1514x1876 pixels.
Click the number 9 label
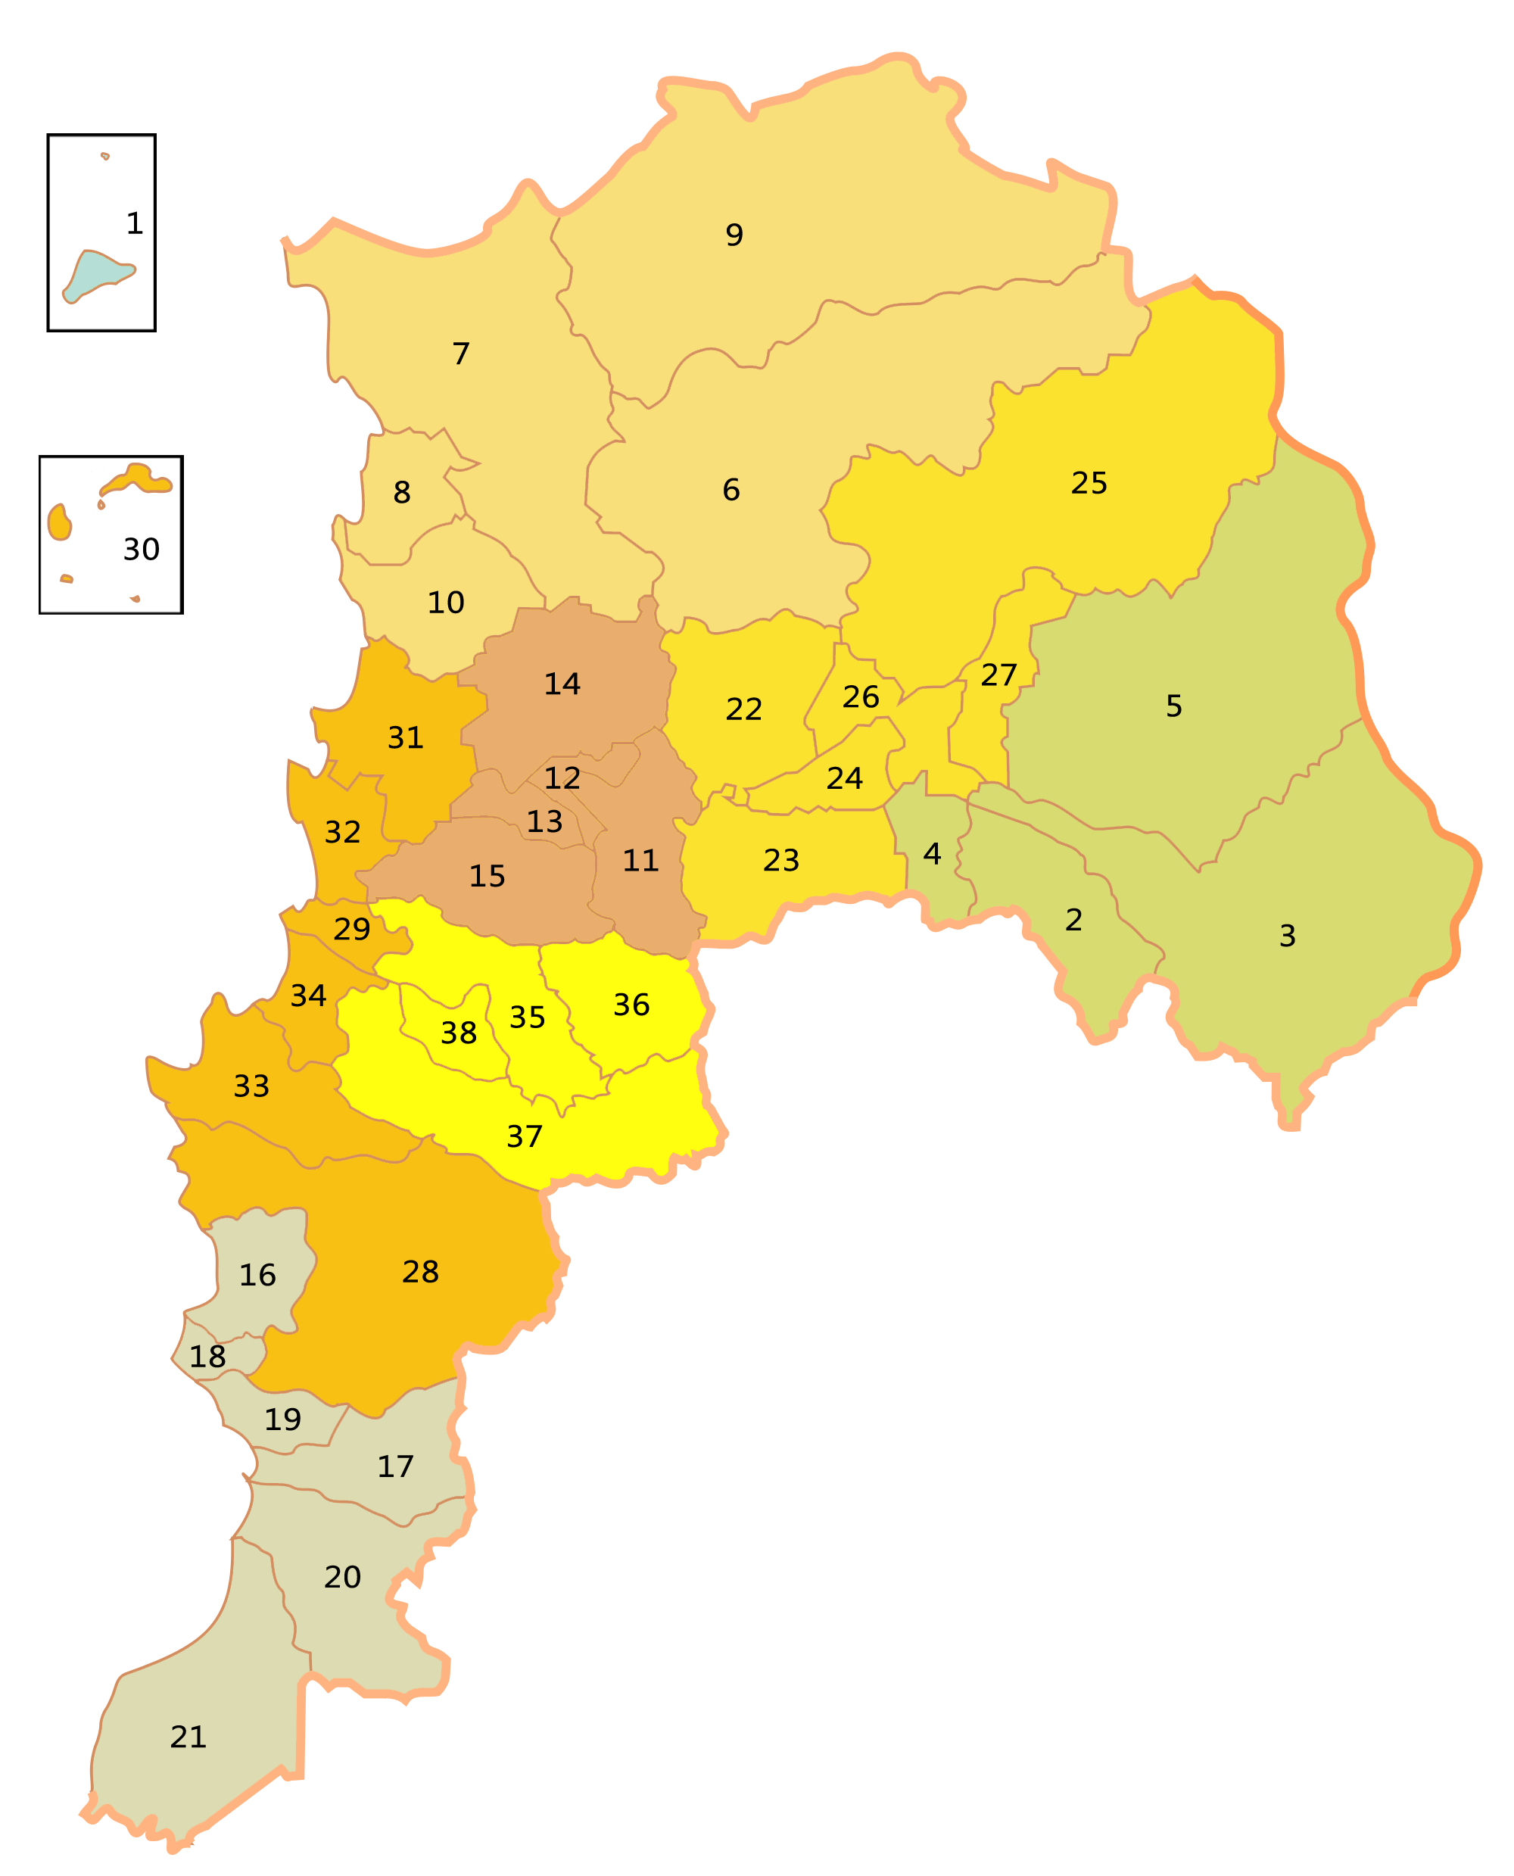(734, 235)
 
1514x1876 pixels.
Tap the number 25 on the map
(1089, 483)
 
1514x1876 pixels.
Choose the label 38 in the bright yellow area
(459, 1033)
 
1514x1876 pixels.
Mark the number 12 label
(562, 778)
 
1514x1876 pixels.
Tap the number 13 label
(545, 821)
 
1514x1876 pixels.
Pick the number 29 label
(352, 930)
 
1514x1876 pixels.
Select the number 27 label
(998, 675)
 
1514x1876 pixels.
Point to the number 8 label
(402, 493)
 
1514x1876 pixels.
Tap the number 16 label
(258, 1275)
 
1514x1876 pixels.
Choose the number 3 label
(1287, 936)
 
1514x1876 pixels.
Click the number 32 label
(343, 832)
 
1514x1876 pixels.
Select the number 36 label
(631, 1005)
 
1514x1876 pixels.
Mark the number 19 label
(283, 1419)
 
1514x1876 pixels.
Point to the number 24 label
(844, 778)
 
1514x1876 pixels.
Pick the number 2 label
(1073, 920)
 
